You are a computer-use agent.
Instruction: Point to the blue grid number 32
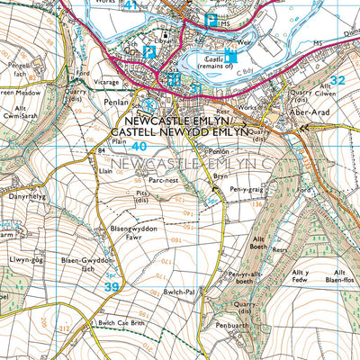click(x=337, y=80)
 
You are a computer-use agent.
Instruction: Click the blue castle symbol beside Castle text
click(x=230, y=56)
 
